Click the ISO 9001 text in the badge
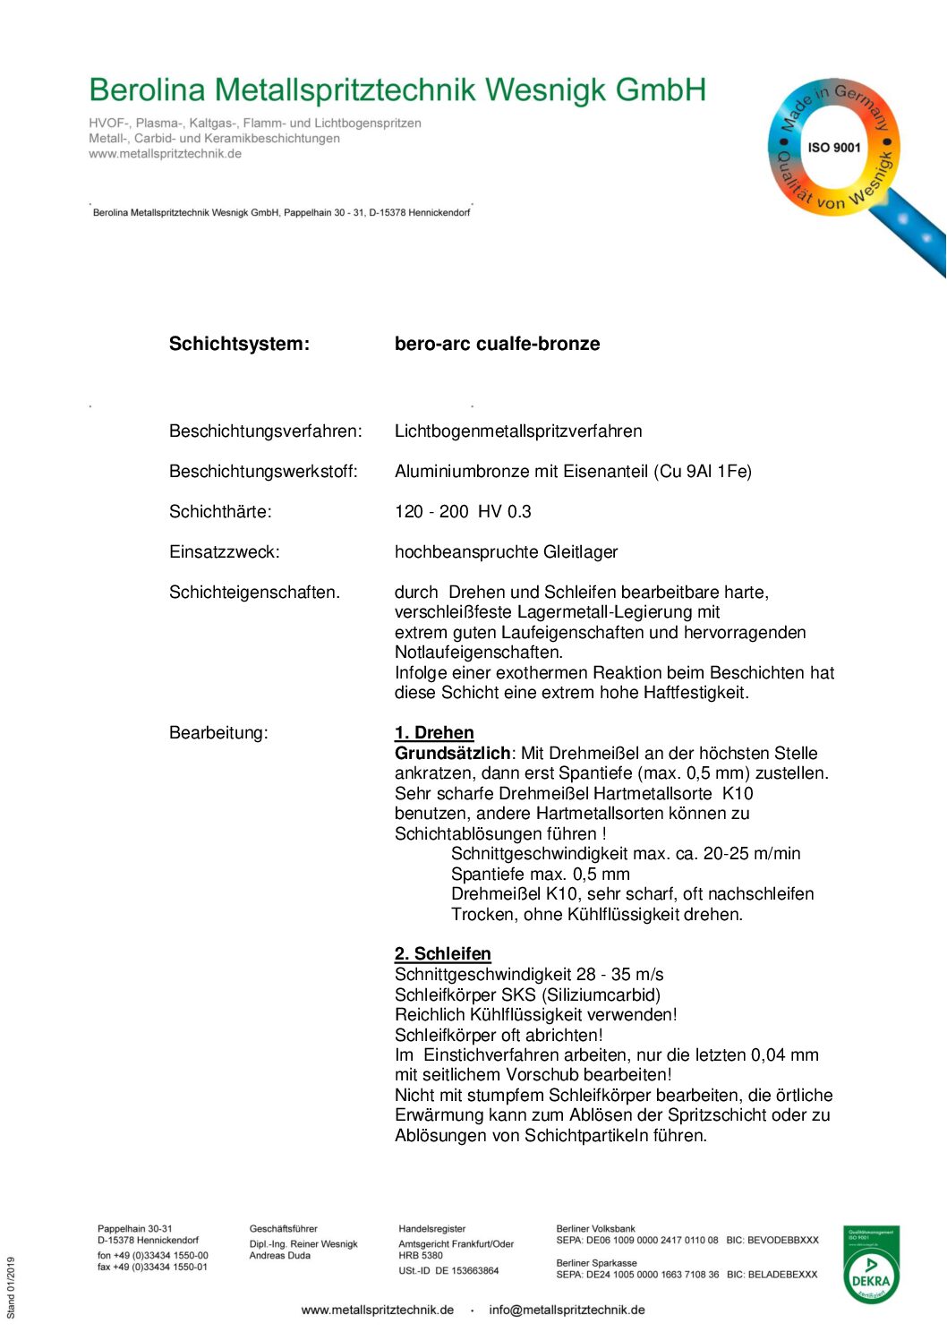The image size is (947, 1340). (x=833, y=148)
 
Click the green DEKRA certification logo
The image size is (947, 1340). (x=871, y=1265)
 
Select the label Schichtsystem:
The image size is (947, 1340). (x=239, y=344)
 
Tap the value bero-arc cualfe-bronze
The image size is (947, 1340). (x=497, y=344)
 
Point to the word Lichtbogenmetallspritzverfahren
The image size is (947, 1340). (x=518, y=431)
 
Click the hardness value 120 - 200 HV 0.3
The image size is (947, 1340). (x=463, y=512)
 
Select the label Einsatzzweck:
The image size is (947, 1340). (x=224, y=552)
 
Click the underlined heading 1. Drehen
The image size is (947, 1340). (x=434, y=733)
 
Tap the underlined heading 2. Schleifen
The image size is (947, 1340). (x=442, y=954)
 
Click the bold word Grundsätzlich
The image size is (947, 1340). (x=452, y=754)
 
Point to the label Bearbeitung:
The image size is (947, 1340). (x=218, y=733)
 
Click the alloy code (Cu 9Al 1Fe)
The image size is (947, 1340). (x=705, y=472)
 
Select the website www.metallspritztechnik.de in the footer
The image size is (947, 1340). (x=377, y=1310)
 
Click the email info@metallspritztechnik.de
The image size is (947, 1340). (x=567, y=1310)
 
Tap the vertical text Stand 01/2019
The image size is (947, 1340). (x=12, y=1287)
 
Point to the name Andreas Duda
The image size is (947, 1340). (x=279, y=1256)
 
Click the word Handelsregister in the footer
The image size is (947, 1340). (x=431, y=1229)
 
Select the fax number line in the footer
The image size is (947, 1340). (x=152, y=1267)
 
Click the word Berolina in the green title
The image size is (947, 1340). (x=147, y=90)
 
